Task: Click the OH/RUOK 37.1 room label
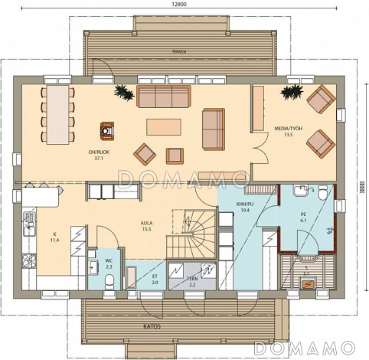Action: click(x=98, y=156)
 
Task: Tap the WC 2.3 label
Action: click(x=108, y=263)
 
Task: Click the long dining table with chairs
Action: click(x=57, y=113)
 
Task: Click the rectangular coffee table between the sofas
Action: click(x=165, y=125)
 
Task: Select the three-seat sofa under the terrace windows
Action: click(x=163, y=96)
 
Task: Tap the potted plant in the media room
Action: click(x=289, y=93)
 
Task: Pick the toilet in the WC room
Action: click(x=107, y=281)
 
